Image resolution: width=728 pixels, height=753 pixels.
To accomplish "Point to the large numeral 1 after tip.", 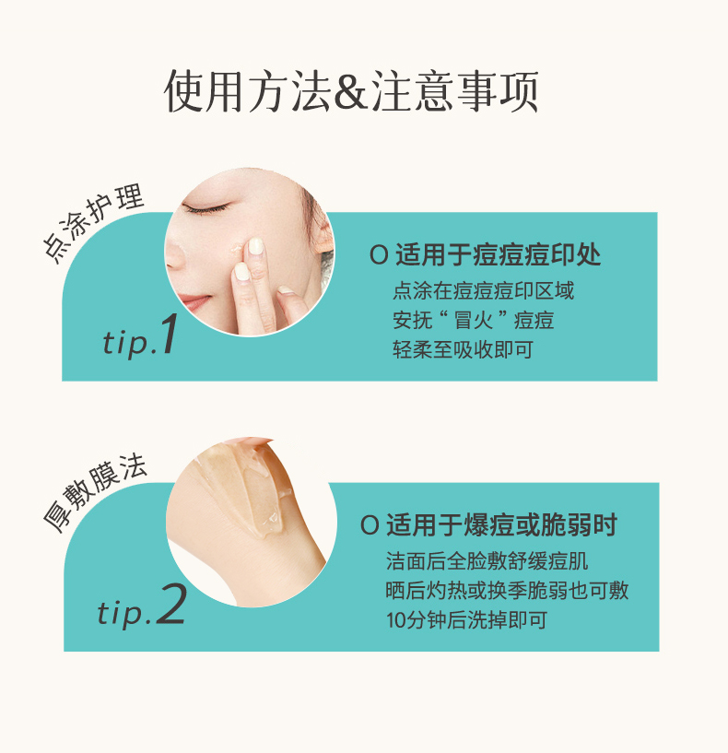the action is [168, 335].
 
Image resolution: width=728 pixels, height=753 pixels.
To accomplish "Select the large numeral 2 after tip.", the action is [170, 604].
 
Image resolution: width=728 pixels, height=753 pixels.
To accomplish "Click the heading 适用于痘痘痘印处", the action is [498, 254].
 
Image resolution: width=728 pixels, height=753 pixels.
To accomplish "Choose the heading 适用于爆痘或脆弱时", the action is [501, 525].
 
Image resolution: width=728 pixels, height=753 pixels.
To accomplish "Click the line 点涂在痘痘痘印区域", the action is [483, 290].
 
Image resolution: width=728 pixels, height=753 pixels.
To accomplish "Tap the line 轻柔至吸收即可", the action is [463, 349].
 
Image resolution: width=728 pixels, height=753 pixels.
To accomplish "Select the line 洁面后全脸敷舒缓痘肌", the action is [487, 561].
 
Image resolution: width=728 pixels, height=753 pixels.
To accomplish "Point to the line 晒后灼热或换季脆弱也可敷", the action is [507, 591].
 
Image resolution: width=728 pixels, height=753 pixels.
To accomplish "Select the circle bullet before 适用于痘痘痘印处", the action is [379, 255].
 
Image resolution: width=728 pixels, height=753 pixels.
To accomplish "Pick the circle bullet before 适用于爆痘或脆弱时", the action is [370, 525].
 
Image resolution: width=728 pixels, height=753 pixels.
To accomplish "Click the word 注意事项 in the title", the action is [454, 91].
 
